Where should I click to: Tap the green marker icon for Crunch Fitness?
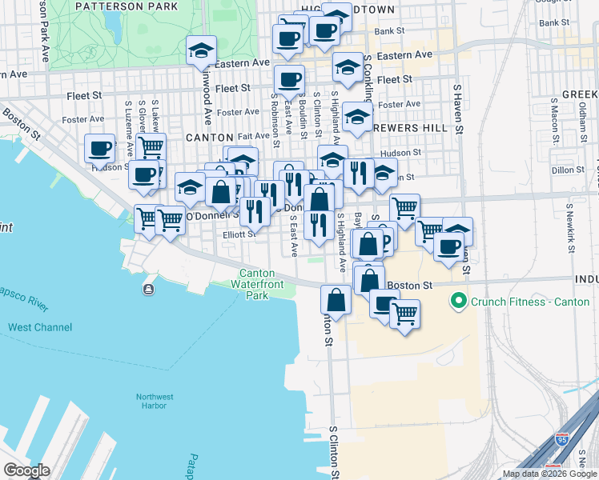[x=459, y=302]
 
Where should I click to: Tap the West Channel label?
[x=40, y=327]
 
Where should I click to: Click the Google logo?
[x=26, y=470]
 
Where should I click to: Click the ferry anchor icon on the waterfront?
[x=149, y=289]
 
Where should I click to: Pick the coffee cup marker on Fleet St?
[x=289, y=79]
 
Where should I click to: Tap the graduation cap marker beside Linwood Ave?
[x=200, y=51]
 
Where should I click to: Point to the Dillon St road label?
[x=569, y=170]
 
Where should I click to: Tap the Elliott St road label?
[x=239, y=234]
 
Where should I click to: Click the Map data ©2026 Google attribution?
[x=549, y=474]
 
